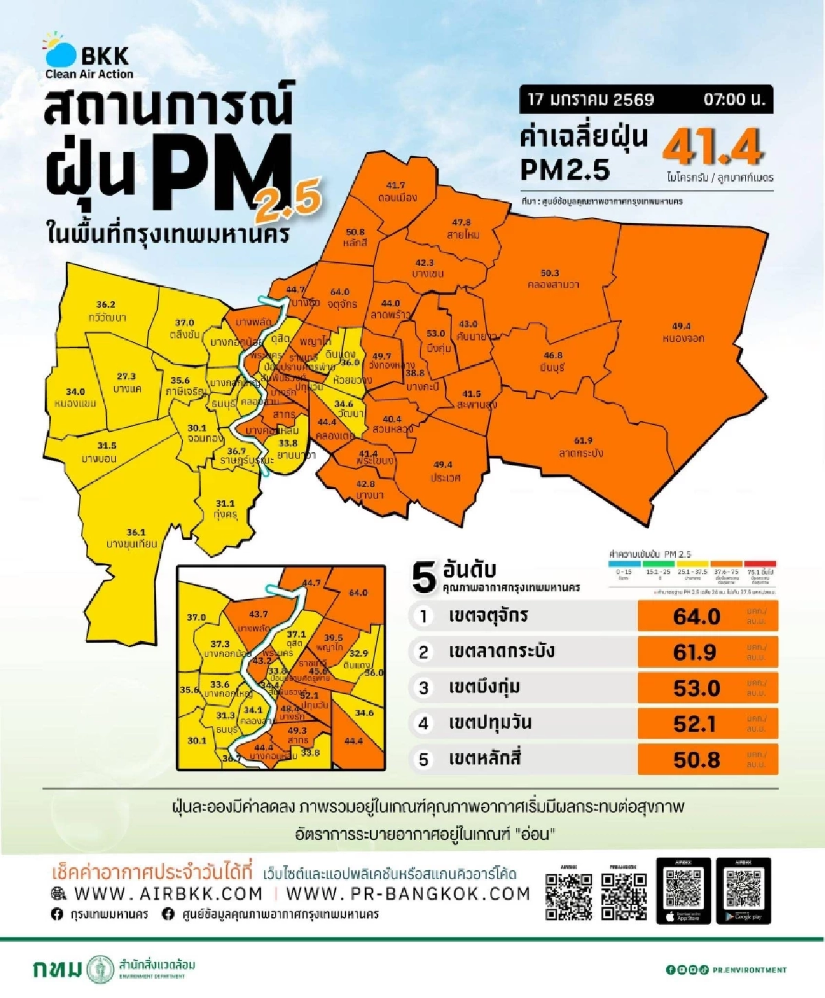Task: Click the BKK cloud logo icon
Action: click(60, 52)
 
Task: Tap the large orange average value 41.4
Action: click(713, 147)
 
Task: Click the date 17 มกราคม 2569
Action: click(591, 100)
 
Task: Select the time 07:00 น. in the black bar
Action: click(734, 100)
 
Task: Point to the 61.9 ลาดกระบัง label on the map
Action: click(582, 447)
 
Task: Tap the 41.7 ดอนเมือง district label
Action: click(396, 192)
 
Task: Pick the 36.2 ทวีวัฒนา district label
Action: click(107, 311)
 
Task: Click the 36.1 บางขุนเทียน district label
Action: click(132, 539)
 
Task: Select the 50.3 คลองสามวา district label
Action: click(552, 279)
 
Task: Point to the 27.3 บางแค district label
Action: click(126, 382)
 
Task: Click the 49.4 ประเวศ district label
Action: click(443, 471)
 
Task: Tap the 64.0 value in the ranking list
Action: click(696, 616)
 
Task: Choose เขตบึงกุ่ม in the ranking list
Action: click(484, 687)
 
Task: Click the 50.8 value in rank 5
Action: click(696, 759)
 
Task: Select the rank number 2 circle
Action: click(423, 652)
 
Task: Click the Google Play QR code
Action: click(743, 888)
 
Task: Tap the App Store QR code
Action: click(683, 888)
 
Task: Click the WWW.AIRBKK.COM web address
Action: click(168, 893)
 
